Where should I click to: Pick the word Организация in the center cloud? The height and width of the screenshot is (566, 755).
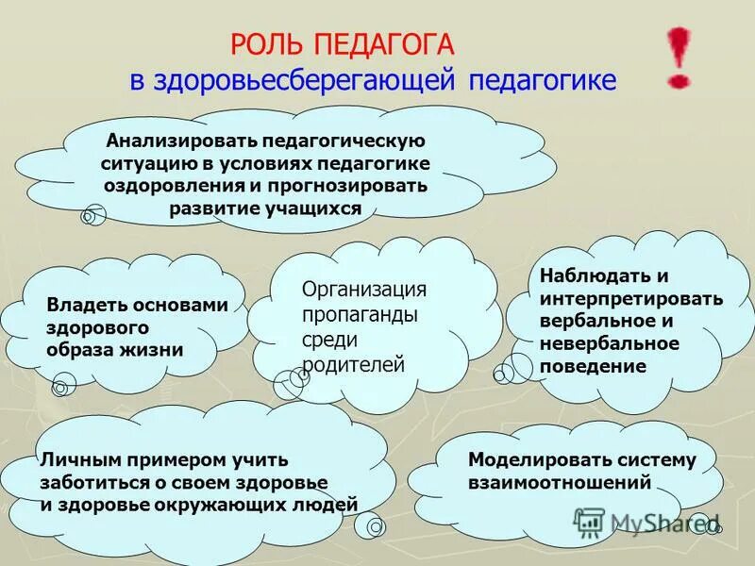[x=364, y=289]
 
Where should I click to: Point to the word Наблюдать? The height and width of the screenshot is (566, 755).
[x=591, y=276]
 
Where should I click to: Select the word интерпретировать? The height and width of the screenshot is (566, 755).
[x=631, y=299]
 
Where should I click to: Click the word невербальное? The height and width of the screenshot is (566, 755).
[x=610, y=343]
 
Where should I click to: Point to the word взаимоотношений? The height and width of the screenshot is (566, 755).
[x=560, y=482]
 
